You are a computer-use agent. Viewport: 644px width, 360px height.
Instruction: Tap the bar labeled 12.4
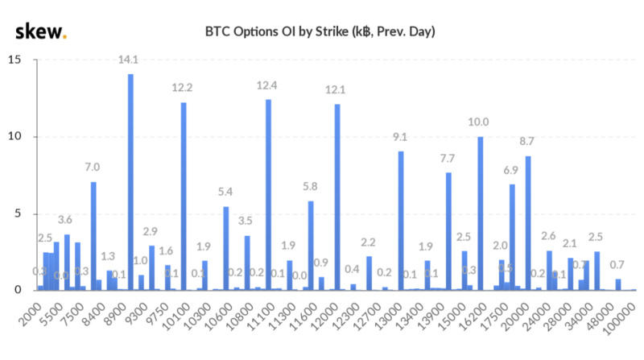268,194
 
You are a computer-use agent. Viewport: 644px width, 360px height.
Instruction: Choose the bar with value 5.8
311,246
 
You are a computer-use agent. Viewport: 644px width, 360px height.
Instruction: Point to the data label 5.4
226,192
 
